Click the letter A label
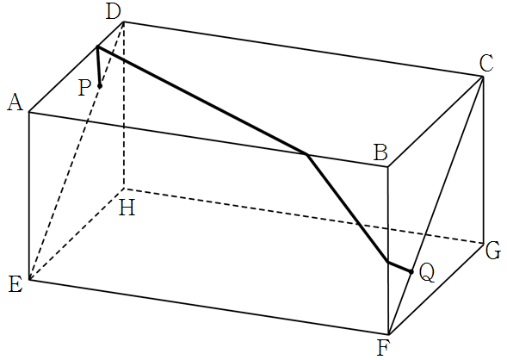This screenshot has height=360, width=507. (x=15, y=102)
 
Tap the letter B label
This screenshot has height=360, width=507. (x=380, y=152)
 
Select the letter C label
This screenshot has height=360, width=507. (x=486, y=63)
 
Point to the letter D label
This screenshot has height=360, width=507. (x=113, y=12)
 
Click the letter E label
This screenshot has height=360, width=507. (x=15, y=285)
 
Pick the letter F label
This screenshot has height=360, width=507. (x=383, y=348)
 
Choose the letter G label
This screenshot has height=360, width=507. (x=493, y=251)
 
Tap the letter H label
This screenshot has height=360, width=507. (x=127, y=208)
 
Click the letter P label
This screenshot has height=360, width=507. (x=84, y=88)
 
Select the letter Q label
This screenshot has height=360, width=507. (x=426, y=273)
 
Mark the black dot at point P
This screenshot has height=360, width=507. (x=100, y=86)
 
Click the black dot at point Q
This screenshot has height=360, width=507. (x=411, y=271)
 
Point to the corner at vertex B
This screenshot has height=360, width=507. (x=388, y=167)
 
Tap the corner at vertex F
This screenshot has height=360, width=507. (x=388, y=334)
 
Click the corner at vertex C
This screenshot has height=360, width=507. (x=483, y=77)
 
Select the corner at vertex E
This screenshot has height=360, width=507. (x=29, y=279)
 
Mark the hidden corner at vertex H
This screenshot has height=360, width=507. (x=124, y=188)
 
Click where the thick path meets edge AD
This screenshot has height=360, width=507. (x=97, y=47)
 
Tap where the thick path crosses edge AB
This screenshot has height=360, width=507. (x=306, y=154)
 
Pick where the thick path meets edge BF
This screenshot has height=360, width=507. (x=388, y=262)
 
